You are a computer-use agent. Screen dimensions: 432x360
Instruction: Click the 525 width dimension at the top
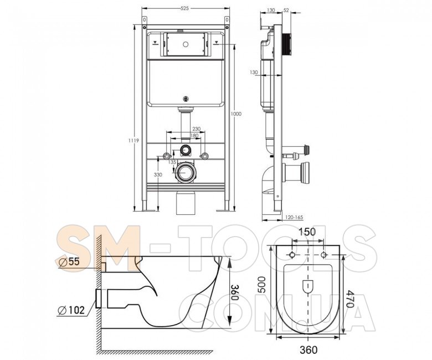click(184, 8)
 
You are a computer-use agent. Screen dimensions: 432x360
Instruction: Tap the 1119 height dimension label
click(133, 141)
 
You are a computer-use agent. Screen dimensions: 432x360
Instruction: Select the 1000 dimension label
click(236, 114)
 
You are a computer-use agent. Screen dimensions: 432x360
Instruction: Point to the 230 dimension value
click(197, 128)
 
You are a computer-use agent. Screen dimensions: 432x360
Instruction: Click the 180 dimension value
click(194, 136)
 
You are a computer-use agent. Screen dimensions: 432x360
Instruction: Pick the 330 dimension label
click(158, 174)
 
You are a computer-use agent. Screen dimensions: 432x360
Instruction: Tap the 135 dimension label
click(172, 162)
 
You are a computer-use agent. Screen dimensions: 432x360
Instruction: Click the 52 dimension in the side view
click(286, 10)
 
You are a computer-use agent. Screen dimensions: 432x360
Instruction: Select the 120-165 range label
click(294, 217)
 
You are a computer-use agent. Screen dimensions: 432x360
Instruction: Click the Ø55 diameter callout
click(69, 261)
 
